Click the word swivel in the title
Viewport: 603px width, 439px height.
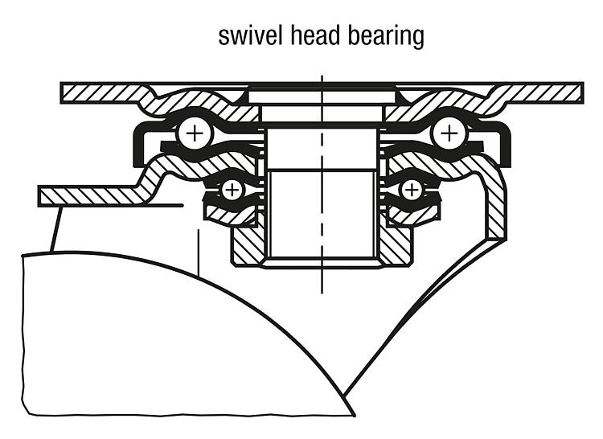[x=250, y=35]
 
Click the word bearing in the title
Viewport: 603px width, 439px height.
[x=386, y=37]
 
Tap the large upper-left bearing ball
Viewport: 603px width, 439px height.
[x=195, y=133]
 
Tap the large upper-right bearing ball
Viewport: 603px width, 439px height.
[x=449, y=133]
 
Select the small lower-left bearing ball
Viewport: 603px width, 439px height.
[x=232, y=190]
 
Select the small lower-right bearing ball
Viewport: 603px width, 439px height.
[x=411, y=190]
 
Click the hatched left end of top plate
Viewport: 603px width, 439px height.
[x=100, y=93]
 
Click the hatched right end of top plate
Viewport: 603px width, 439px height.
[x=542, y=93]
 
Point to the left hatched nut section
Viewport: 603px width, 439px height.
[x=248, y=246]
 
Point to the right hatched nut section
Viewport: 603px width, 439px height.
[x=396, y=246]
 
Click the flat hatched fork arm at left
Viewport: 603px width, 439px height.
[x=92, y=196]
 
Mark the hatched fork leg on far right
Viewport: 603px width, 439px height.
[x=496, y=207]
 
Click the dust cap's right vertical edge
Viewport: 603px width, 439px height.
[x=507, y=145]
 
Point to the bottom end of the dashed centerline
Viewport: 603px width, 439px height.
[x=322, y=293]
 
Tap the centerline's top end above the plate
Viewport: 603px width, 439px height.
[x=322, y=76]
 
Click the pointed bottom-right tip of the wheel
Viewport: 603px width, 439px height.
[x=355, y=415]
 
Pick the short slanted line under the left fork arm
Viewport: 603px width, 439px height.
[x=55, y=229]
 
